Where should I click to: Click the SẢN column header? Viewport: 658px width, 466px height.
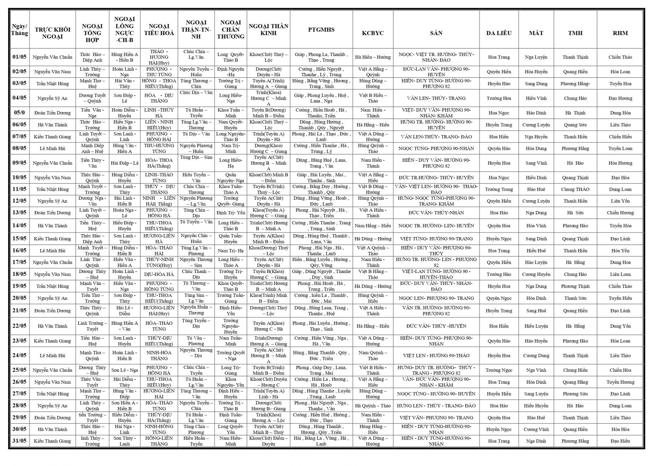(x=436, y=33)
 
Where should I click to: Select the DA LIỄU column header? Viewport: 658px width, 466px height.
(x=499, y=33)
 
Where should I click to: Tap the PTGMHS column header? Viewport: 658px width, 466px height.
(x=321, y=30)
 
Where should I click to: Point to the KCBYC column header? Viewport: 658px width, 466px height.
(x=373, y=33)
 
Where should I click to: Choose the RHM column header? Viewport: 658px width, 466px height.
(x=620, y=33)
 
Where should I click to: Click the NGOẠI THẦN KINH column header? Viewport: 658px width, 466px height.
(x=269, y=30)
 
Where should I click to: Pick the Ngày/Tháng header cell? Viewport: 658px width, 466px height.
(x=19, y=30)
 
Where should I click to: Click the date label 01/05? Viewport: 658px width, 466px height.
(x=19, y=57)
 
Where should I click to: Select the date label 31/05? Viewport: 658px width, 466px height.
(x=19, y=441)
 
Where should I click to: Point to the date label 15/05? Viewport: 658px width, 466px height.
(x=19, y=238)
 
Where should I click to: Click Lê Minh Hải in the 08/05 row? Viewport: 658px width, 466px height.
(x=53, y=148)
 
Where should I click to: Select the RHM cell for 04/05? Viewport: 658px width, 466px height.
(x=620, y=98)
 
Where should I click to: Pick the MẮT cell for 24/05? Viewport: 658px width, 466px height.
(x=536, y=356)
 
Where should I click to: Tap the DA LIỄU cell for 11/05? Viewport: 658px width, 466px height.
(x=499, y=189)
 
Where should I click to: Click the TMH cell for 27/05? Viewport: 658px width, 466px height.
(x=575, y=394)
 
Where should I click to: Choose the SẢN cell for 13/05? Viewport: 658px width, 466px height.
(x=436, y=213)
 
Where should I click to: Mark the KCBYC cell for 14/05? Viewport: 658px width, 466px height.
(x=373, y=226)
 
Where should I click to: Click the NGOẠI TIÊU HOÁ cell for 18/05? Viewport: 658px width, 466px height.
(x=159, y=274)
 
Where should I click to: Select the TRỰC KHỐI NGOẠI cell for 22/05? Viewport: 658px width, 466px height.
(x=53, y=326)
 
